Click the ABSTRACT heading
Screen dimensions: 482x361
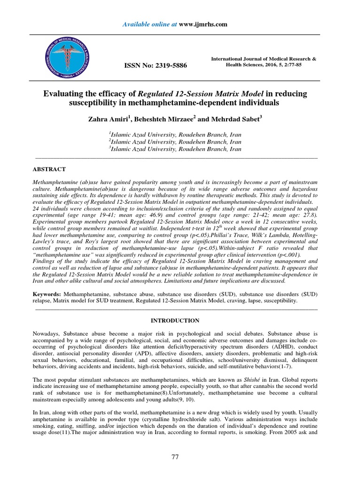(49, 169)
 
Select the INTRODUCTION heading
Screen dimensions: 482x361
(175, 321)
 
